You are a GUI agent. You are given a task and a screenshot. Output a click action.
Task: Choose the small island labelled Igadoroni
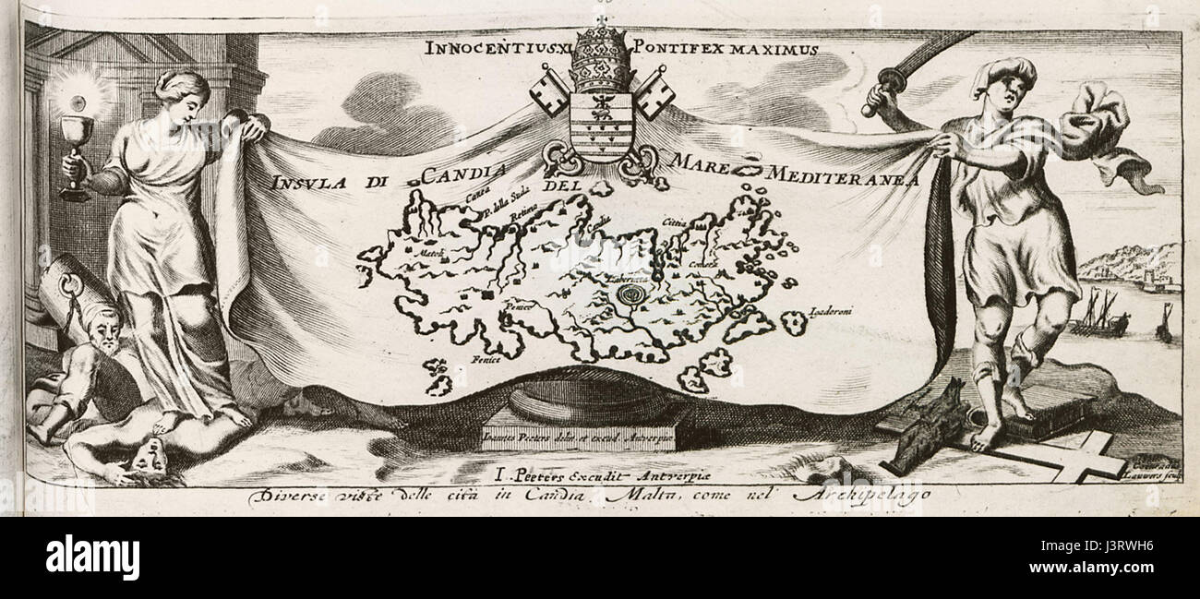click(x=792, y=322)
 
